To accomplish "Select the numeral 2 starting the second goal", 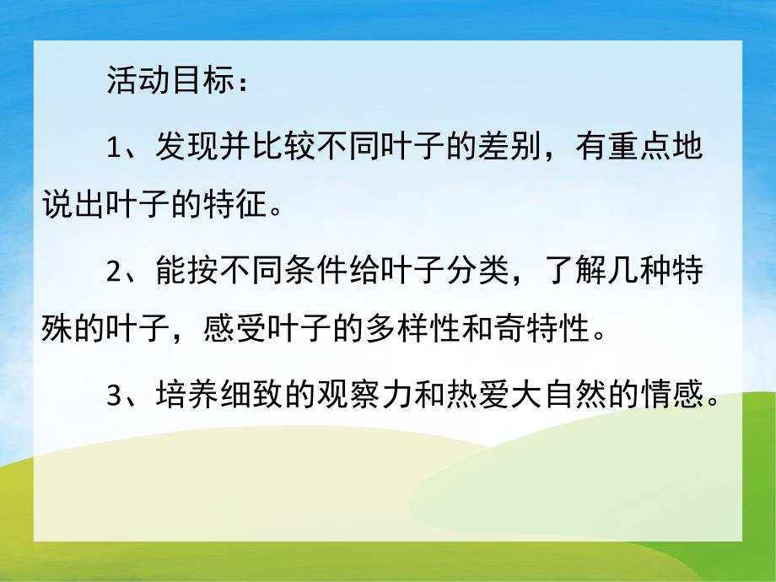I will coord(116,272).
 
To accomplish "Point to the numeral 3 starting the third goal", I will coord(116,394).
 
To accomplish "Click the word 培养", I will coord(180,394).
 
